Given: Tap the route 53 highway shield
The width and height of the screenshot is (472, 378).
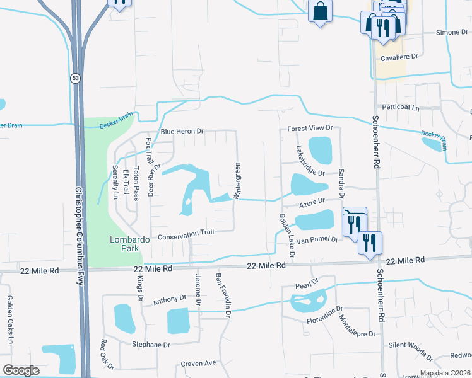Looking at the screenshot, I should click(75, 77).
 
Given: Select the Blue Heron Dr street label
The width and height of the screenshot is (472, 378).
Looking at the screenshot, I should click(182, 132).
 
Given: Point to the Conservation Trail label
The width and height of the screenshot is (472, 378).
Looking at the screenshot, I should click(186, 232).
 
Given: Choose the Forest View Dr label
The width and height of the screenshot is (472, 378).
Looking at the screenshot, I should click(310, 128).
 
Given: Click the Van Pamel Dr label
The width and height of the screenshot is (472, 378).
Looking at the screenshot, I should click(318, 240).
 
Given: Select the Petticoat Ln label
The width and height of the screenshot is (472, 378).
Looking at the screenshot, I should click(397, 108).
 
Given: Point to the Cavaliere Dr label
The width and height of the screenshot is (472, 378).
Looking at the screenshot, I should click(397, 57).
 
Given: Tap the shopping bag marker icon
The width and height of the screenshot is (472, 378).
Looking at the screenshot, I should click(321, 11).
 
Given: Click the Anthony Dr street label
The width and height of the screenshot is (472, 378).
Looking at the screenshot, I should click(170, 299).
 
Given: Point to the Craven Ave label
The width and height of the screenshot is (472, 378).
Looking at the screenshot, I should click(198, 363).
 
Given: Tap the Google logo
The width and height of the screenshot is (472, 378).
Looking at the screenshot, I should click(21, 371).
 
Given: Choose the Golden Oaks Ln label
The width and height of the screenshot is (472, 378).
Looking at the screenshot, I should click(11, 319).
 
